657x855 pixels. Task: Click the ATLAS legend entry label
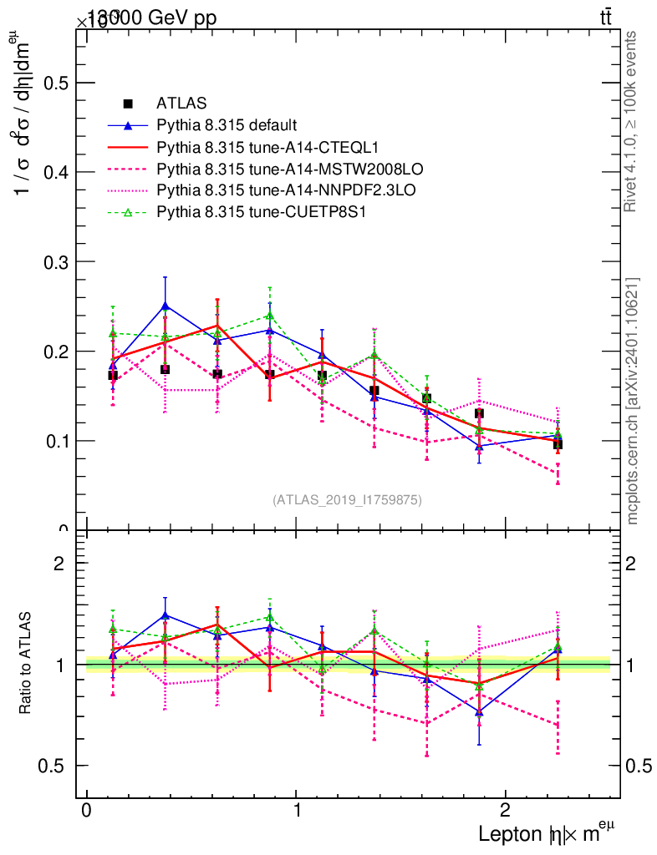click(182, 104)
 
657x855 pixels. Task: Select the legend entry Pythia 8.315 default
click(227, 126)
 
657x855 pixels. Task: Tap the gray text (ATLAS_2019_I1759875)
click(347, 500)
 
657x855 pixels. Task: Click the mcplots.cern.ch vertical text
click(633, 401)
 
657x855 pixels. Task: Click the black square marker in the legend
click(128, 104)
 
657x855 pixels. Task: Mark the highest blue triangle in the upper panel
click(166, 306)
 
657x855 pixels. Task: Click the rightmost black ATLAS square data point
click(558, 444)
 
